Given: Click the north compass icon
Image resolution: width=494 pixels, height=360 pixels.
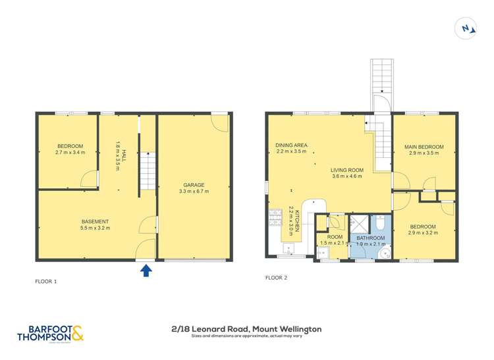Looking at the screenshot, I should pos(466,28).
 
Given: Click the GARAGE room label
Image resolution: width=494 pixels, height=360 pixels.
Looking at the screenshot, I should pos(194,185).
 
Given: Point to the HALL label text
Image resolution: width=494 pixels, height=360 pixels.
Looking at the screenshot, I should pos(118,151).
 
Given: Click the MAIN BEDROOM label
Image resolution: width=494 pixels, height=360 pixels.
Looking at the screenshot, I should pos(424,147).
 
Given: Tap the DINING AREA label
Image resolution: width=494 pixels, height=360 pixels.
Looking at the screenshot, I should pos(292,145).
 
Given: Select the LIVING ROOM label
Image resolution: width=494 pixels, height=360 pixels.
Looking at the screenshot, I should pos(347,170).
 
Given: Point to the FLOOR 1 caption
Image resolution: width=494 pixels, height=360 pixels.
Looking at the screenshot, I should pos(45,282).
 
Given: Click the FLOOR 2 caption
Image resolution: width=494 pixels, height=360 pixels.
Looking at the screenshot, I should pos(277,278).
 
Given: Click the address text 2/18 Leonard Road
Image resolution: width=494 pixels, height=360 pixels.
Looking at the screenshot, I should pos(246,328).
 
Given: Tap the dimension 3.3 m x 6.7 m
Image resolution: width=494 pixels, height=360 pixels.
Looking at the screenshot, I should pos(194,192).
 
